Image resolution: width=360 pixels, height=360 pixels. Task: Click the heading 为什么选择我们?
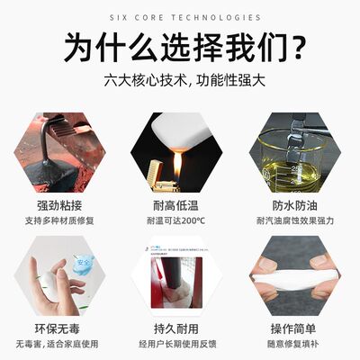point(180,46)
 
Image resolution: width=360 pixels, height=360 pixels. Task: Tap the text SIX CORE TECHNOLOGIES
point(180,17)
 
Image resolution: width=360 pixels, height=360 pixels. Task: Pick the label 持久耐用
point(180,326)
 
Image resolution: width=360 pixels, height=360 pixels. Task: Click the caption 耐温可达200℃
point(180,220)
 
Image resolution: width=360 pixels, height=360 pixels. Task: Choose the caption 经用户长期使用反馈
point(180,343)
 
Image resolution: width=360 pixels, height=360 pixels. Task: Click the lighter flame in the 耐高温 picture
point(178,165)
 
